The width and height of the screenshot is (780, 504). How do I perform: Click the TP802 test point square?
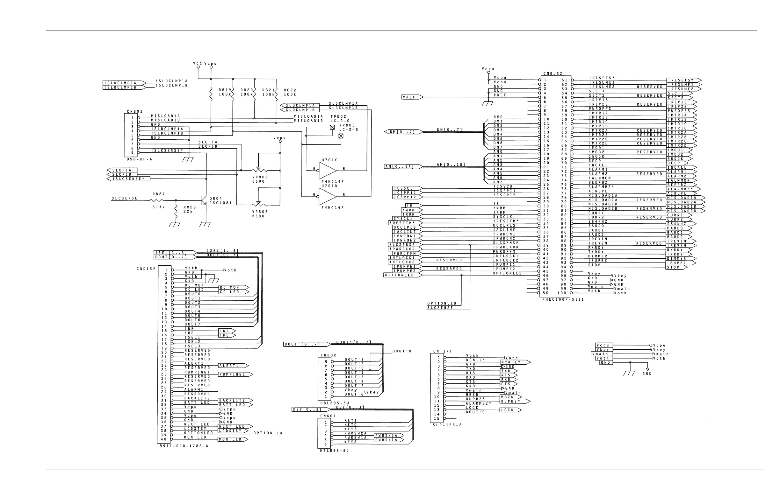click(x=332, y=127)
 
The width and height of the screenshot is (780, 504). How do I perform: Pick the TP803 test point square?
click(x=341, y=136)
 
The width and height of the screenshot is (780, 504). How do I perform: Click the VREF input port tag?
click(x=412, y=97)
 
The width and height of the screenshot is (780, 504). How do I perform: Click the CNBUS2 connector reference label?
click(x=552, y=73)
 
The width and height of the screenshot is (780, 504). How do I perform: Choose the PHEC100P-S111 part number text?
click(x=563, y=299)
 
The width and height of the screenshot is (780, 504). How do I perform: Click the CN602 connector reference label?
click(x=329, y=355)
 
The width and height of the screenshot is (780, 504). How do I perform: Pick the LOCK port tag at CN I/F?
click(x=510, y=410)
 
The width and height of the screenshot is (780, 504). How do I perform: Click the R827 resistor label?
click(x=159, y=194)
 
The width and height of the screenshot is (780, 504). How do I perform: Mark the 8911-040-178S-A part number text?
click(x=184, y=446)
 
